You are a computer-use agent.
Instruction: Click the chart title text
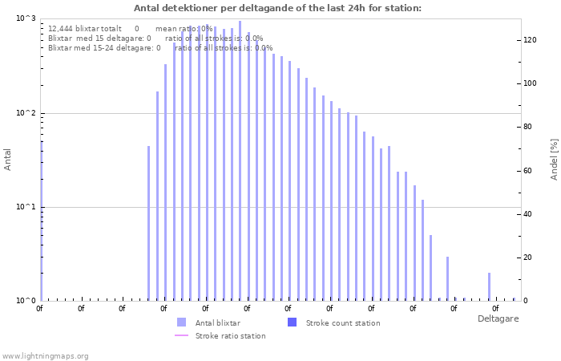pos(277,9)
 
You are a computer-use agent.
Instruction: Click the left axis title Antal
pos(8,160)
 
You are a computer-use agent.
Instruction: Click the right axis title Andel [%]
pos(554,159)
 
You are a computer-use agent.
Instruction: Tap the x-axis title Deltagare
pos(498,318)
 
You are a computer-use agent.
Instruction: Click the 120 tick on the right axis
pos(530,40)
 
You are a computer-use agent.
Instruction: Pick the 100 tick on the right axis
pos(530,83)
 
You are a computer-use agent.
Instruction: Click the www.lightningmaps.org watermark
pos(45,355)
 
